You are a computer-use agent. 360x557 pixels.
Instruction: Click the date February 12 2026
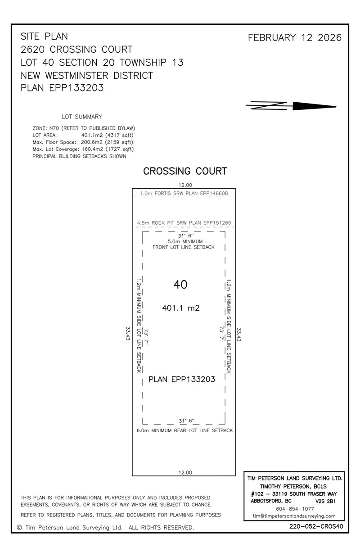(x=295, y=38)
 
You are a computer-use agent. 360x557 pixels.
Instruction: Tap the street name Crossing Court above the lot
(x=185, y=171)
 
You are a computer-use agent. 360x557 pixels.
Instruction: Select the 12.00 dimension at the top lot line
(x=185, y=185)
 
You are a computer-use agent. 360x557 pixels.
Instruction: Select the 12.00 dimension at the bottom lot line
(x=185, y=472)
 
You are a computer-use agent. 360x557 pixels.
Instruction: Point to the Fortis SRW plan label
(x=184, y=194)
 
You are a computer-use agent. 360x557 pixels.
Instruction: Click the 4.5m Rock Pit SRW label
(x=184, y=223)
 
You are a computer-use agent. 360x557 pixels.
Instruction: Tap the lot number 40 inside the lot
(x=180, y=285)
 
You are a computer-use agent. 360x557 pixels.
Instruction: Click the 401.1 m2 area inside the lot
(x=180, y=308)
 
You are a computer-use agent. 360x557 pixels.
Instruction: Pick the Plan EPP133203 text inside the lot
(x=182, y=380)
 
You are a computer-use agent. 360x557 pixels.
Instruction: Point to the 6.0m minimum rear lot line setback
(x=184, y=430)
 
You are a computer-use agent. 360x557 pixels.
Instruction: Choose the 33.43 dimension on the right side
(x=239, y=335)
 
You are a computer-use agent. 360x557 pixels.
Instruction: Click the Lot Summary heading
(x=82, y=117)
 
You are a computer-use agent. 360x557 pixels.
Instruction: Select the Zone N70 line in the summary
(x=84, y=128)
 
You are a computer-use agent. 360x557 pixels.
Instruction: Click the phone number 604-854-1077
(x=295, y=509)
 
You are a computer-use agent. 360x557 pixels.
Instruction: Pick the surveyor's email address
(x=294, y=516)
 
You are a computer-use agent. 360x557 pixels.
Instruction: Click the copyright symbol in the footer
(x=19, y=527)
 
